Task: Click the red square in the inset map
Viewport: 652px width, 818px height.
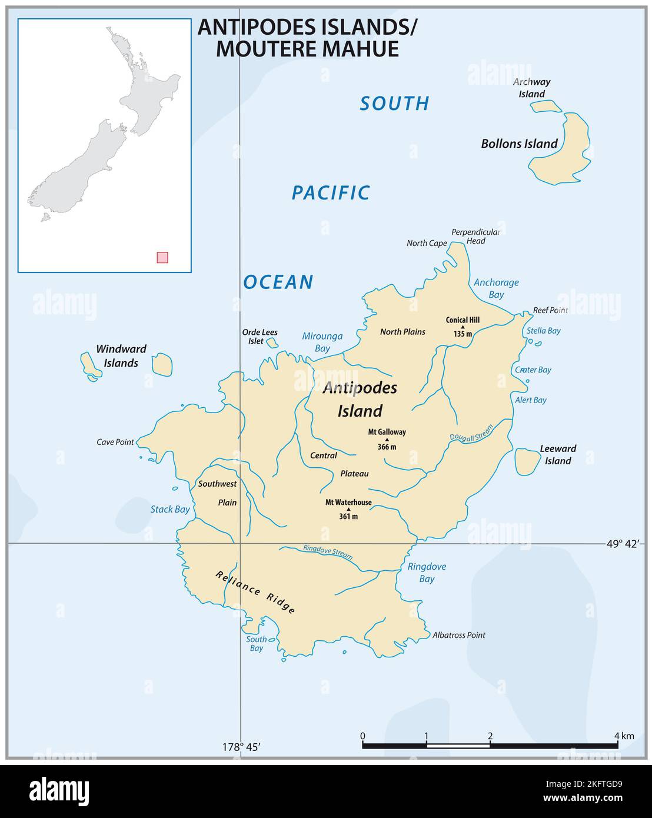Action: pyautogui.click(x=162, y=257)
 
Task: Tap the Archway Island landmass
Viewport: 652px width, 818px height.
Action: pyautogui.click(x=546, y=107)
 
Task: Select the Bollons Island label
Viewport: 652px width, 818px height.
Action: pyautogui.click(x=519, y=144)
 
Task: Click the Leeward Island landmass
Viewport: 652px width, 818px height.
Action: pyautogui.click(x=525, y=461)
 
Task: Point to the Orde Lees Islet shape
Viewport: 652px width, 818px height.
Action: pyautogui.click(x=271, y=343)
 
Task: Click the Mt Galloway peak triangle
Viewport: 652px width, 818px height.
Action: pyautogui.click(x=387, y=440)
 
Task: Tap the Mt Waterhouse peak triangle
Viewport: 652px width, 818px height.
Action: pyautogui.click(x=348, y=510)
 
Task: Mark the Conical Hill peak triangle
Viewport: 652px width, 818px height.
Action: pyautogui.click(x=463, y=327)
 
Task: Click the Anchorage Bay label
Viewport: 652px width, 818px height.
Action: pyautogui.click(x=496, y=288)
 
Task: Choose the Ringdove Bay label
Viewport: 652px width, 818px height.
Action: pyautogui.click(x=427, y=573)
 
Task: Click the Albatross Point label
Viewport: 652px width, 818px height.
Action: pyautogui.click(x=458, y=635)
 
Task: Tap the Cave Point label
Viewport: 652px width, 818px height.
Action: pyautogui.click(x=115, y=442)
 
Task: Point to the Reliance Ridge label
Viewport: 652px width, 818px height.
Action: pyautogui.click(x=255, y=593)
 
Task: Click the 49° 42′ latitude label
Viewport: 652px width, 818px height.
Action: pyautogui.click(x=622, y=544)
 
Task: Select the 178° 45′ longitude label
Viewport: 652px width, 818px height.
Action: pyautogui.click(x=241, y=747)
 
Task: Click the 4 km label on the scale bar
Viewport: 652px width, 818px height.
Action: pyautogui.click(x=624, y=736)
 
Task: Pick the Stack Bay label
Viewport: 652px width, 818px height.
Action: pyautogui.click(x=170, y=509)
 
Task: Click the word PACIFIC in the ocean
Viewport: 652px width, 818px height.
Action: pyautogui.click(x=331, y=192)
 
